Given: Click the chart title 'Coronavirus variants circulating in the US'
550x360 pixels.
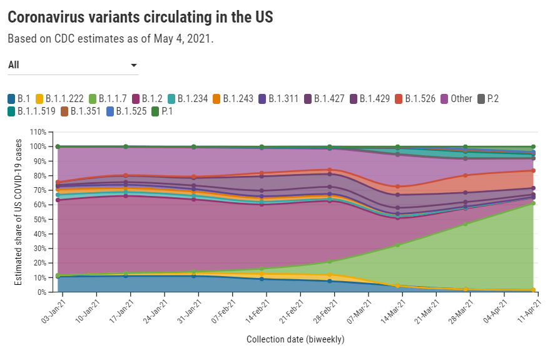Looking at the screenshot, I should pos(140,17).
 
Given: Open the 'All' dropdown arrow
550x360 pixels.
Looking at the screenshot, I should pos(134,65).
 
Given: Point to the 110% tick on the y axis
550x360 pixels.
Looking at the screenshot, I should pos(38,132).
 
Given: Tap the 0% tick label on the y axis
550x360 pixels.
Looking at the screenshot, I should pos(42,292).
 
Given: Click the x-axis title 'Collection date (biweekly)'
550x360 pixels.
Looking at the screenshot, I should pos(295,339).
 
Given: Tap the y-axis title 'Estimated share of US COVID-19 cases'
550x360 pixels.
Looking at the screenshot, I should pos(18,212).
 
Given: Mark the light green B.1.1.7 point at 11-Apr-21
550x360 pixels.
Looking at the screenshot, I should pos(533,203).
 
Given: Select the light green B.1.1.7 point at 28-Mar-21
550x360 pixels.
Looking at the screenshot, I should pos(465,224).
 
